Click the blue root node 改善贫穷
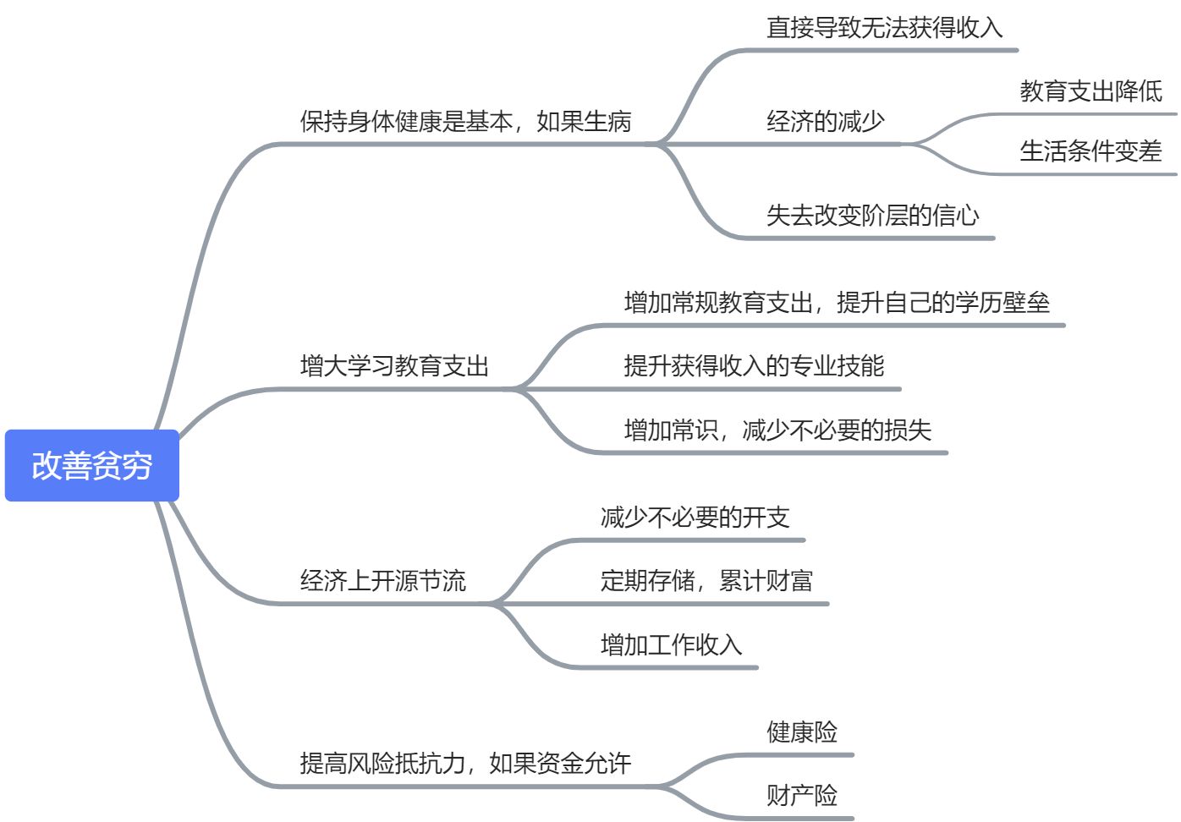pyautogui.click(x=92, y=466)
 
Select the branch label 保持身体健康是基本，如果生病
pyautogui.click(x=465, y=122)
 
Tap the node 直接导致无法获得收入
pyautogui.click(x=884, y=28)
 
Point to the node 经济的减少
pyautogui.click(x=825, y=122)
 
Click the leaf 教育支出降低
pyautogui.click(x=1090, y=91)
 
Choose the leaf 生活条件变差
pyautogui.click(x=1090, y=151)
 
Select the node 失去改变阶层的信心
pyautogui.click(x=872, y=216)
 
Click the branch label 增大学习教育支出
pyautogui.click(x=394, y=366)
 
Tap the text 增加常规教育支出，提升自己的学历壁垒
pyautogui.click(x=837, y=303)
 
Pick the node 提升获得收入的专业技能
pyautogui.click(x=754, y=366)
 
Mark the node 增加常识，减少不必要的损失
pyautogui.click(x=777, y=430)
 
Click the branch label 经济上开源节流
pyautogui.click(x=382, y=581)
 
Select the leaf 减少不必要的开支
pyautogui.click(x=695, y=518)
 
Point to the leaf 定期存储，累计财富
pyautogui.click(x=706, y=581)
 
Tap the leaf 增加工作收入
pyautogui.click(x=671, y=645)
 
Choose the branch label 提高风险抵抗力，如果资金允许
pyautogui.click(x=465, y=764)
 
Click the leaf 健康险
pyautogui.click(x=801, y=732)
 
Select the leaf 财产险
pyautogui.click(x=801, y=796)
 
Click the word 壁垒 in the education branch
pyautogui.click(x=1026, y=303)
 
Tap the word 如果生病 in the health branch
pyautogui.click(x=584, y=122)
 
